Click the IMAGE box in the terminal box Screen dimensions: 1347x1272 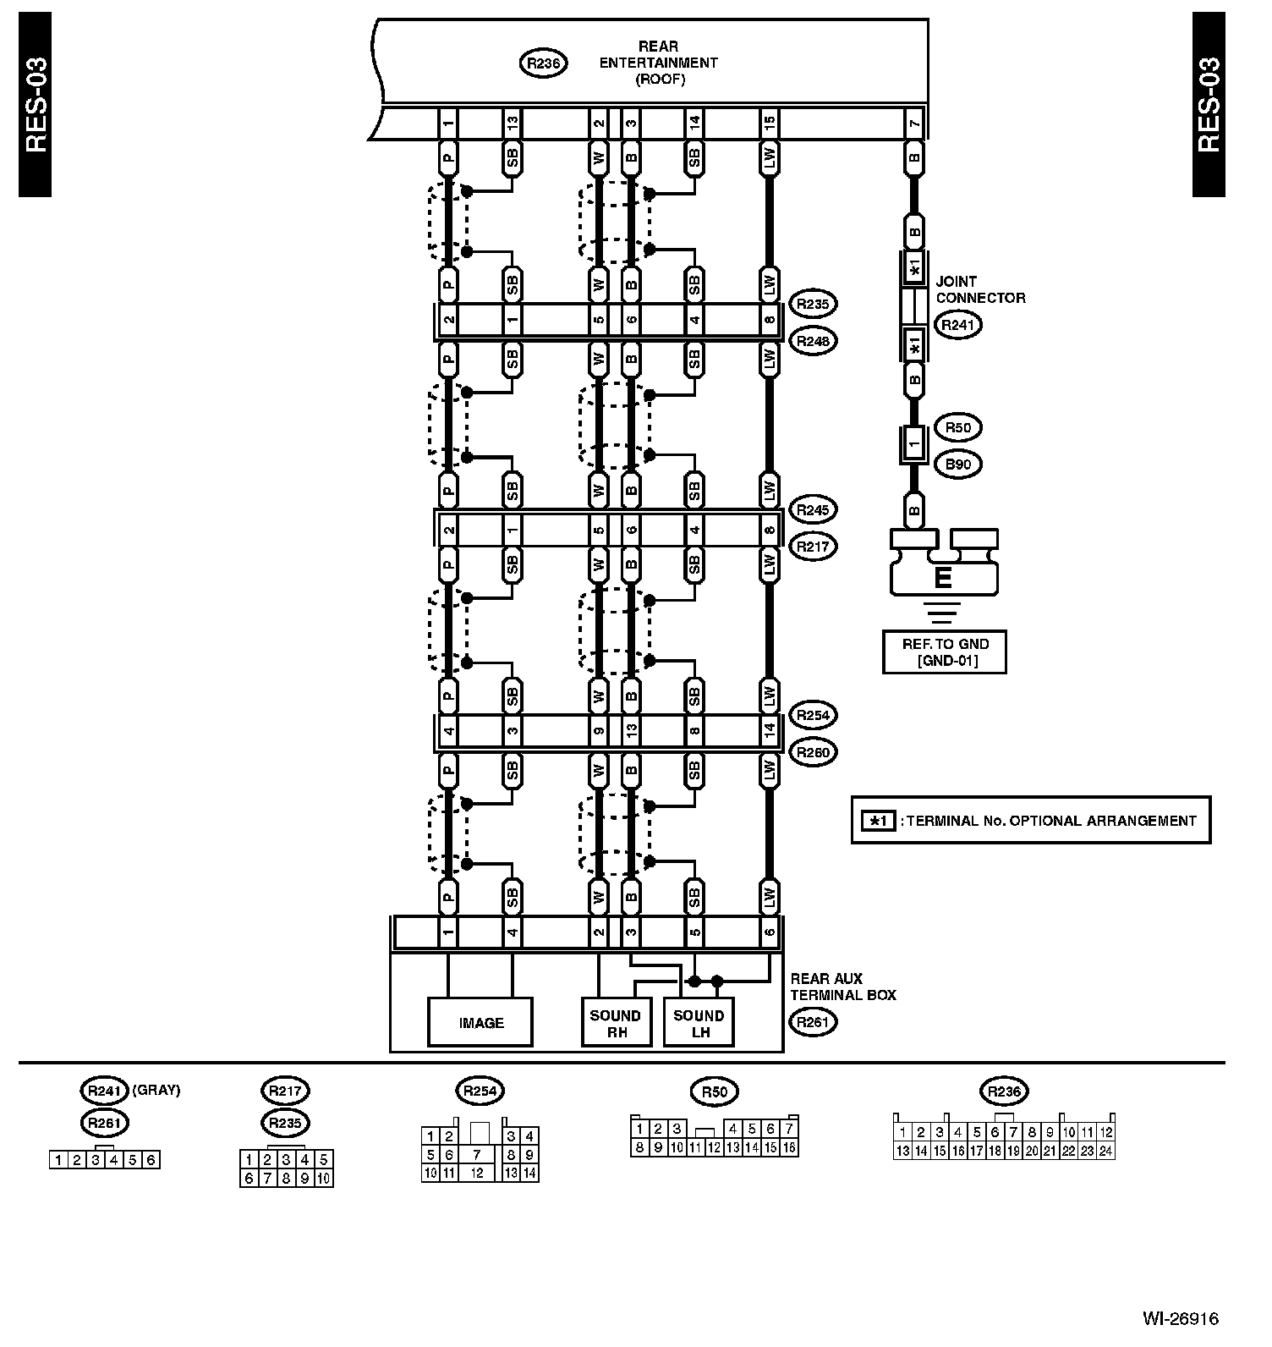tap(480, 1022)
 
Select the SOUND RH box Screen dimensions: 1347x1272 tap(617, 1023)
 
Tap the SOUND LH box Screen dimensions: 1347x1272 tap(699, 1023)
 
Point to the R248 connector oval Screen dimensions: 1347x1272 tap(812, 341)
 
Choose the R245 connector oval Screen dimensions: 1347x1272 tap(812, 509)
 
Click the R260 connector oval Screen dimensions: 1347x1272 tap(812, 751)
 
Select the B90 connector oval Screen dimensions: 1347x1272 tap(957, 464)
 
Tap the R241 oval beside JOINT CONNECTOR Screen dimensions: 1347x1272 tap(957, 324)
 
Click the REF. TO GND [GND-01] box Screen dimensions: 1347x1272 tap(944, 652)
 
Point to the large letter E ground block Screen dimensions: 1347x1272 tap(943, 577)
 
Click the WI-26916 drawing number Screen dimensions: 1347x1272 tap(1181, 1318)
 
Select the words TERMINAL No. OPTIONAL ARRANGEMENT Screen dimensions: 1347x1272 tap(1053, 820)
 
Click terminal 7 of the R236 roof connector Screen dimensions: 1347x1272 tap(914, 124)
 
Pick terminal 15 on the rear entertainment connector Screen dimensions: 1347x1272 tap(769, 124)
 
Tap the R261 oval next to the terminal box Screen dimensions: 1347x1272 tap(812, 1021)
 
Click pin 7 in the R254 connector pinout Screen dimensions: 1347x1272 tap(478, 1154)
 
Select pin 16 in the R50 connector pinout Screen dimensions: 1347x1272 tap(790, 1148)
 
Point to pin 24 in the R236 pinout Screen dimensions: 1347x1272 tap(1106, 1151)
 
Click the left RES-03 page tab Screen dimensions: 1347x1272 tap(36, 105)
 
